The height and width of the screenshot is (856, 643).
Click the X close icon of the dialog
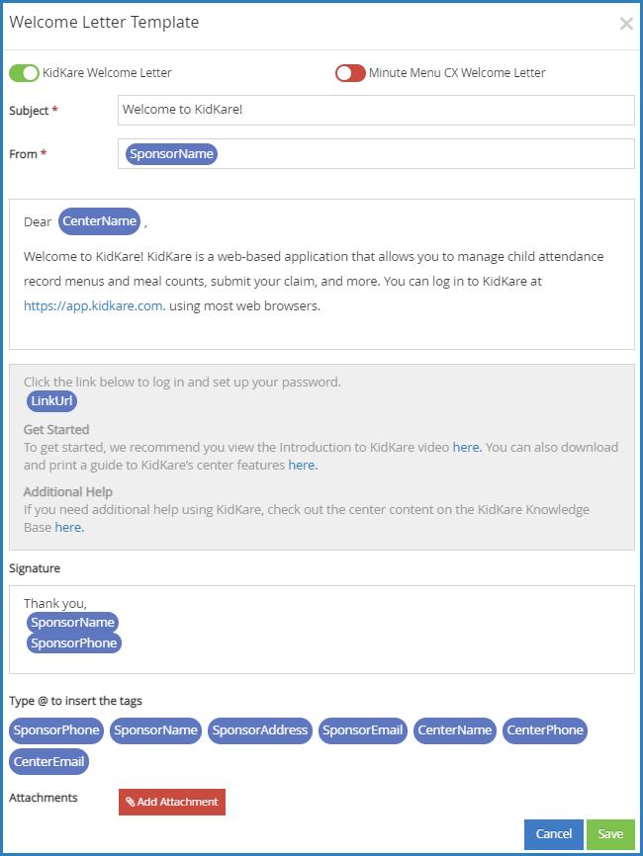pos(625,24)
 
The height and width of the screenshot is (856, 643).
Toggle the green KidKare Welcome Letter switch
pos(24,73)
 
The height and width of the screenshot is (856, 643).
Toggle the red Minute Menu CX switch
pos(350,73)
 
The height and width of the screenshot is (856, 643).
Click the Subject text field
pos(375,110)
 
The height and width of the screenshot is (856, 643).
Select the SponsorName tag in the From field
pos(171,154)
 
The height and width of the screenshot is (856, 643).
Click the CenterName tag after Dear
pos(99,221)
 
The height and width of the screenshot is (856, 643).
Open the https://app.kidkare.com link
pos(93,306)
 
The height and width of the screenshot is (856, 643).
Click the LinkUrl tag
pos(52,401)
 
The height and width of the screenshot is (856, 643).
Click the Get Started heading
pos(56,430)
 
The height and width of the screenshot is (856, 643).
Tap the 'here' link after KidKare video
pos(466,448)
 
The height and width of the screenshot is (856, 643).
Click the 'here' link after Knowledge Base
pos(68,528)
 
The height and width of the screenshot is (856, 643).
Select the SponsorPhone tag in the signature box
pos(74,643)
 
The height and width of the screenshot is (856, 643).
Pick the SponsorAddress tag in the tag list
pos(260,730)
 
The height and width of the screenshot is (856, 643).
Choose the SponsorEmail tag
pos(363,730)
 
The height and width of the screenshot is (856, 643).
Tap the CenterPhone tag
pos(544,730)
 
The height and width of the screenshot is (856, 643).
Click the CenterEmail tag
pos(49,762)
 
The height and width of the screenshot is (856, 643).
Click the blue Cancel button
pos(554,834)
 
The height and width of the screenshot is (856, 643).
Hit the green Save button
pos(610,834)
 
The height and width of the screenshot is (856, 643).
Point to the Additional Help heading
pos(68,492)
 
